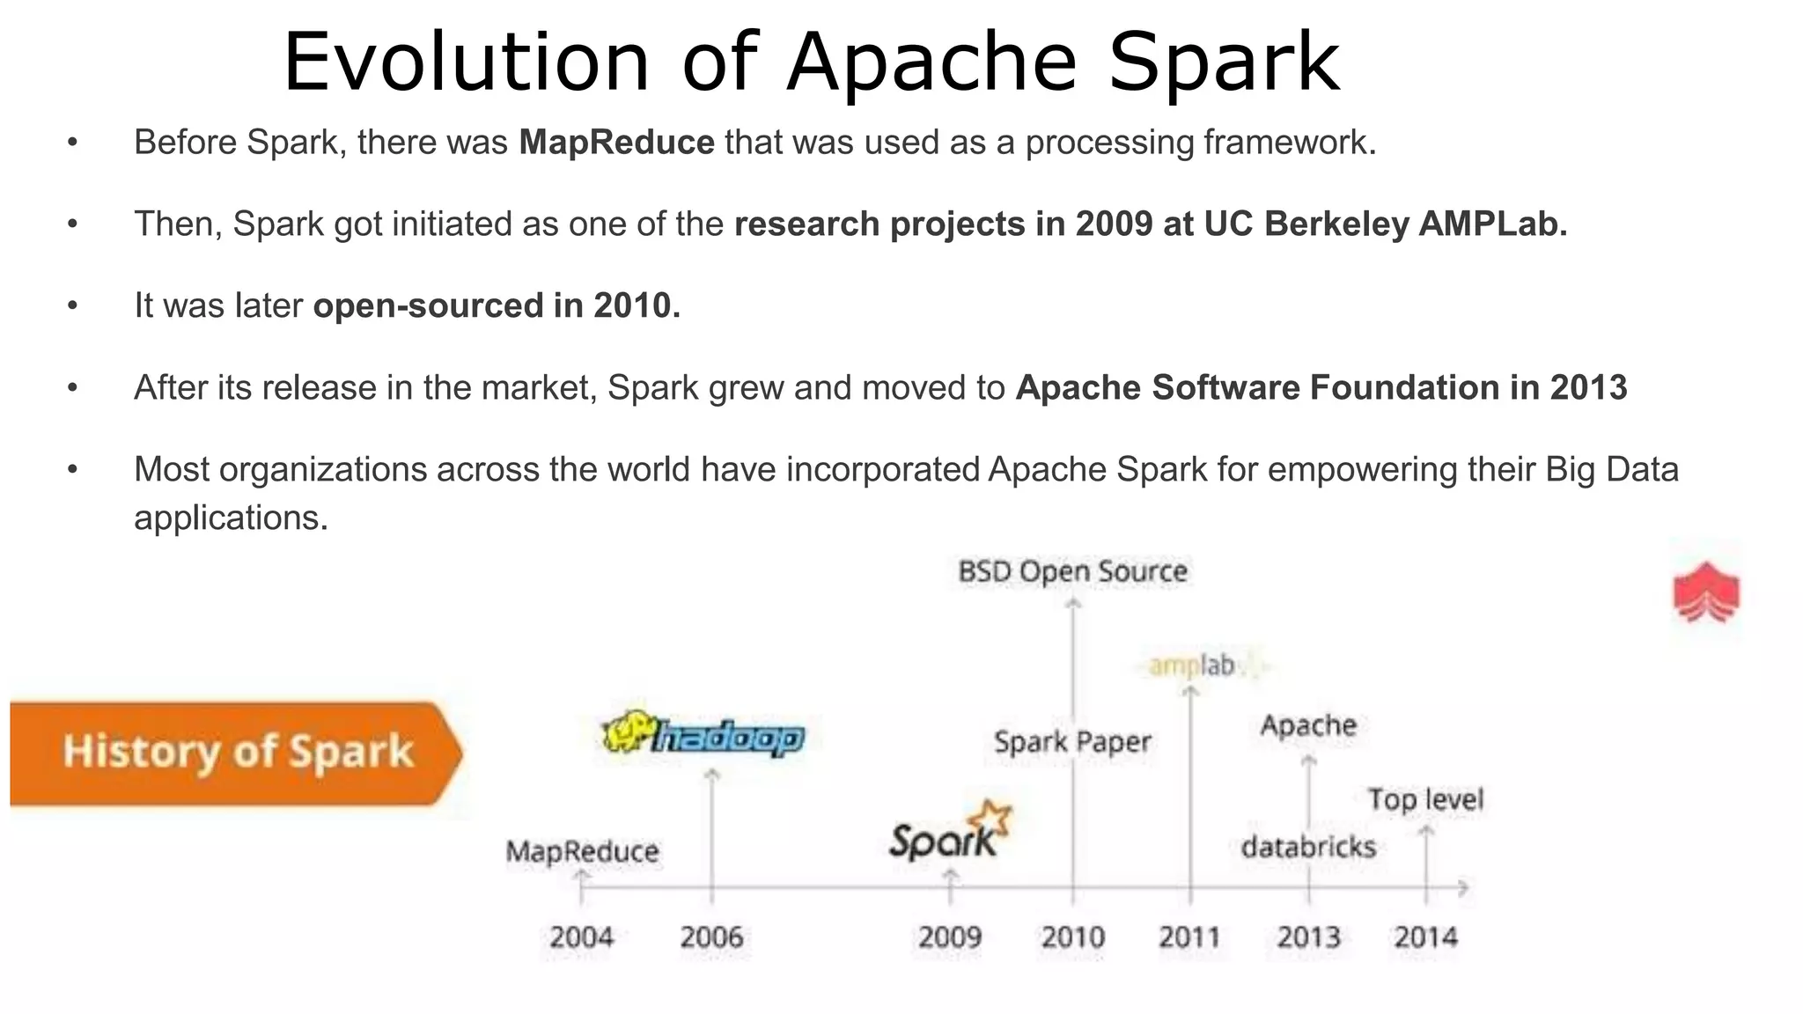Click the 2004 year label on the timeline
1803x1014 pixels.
(581, 937)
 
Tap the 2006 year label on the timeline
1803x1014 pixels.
(711, 937)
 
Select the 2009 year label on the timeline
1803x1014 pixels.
(949, 937)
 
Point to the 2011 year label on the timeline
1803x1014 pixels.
(1189, 937)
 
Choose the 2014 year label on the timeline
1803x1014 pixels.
(1425, 937)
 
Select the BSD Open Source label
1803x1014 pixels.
(1072, 572)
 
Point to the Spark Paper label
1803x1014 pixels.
(1072, 742)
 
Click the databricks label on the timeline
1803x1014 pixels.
(1308, 847)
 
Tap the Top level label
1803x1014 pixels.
(1425, 799)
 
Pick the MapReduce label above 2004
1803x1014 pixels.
(582, 851)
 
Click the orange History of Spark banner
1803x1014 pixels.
(236, 753)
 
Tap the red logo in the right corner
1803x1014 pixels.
(1706, 591)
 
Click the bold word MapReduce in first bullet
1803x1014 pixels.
(616, 143)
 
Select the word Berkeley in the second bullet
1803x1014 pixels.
(1336, 224)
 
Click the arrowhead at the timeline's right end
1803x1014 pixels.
(1464, 887)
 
